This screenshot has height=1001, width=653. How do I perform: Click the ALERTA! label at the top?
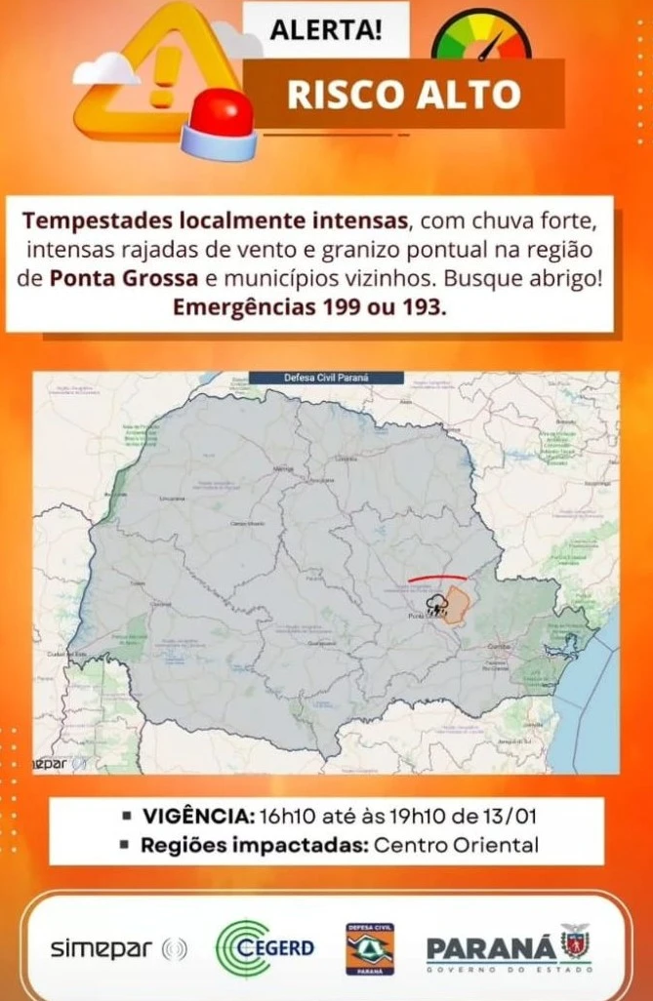pos(326,28)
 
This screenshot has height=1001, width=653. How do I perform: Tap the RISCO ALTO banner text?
pos(403,95)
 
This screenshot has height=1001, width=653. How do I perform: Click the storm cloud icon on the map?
pos(434,602)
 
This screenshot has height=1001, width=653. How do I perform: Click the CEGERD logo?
pos(265,947)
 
